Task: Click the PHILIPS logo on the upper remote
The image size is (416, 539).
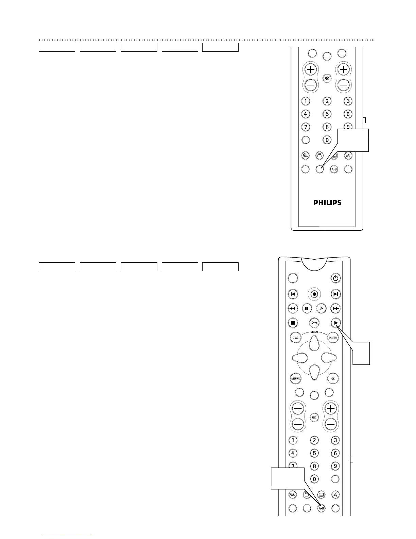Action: click(x=327, y=202)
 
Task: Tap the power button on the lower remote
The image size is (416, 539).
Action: click(x=335, y=278)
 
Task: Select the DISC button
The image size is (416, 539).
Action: click(x=296, y=338)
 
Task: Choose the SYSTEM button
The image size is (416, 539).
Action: click(x=333, y=338)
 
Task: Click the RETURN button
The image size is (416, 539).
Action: click(x=295, y=378)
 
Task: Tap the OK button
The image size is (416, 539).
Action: click(x=333, y=378)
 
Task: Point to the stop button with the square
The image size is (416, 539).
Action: click(x=293, y=323)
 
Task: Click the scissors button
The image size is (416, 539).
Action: click(x=314, y=323)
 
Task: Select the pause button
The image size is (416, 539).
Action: click(x=307, y=308)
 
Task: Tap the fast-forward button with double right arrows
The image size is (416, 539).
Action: click(x=335, y=308)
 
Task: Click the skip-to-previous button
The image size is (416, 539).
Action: click(x=293, y=294)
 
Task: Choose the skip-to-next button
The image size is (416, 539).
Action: click(x=335, y=294)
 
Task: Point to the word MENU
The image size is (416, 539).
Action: click(x=314, y=332)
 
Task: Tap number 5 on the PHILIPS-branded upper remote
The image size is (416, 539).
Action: click(x=327, y=114)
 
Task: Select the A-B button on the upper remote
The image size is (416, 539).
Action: click(x=334, y=169)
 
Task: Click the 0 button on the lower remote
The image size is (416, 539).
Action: click(x=314, y=479)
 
